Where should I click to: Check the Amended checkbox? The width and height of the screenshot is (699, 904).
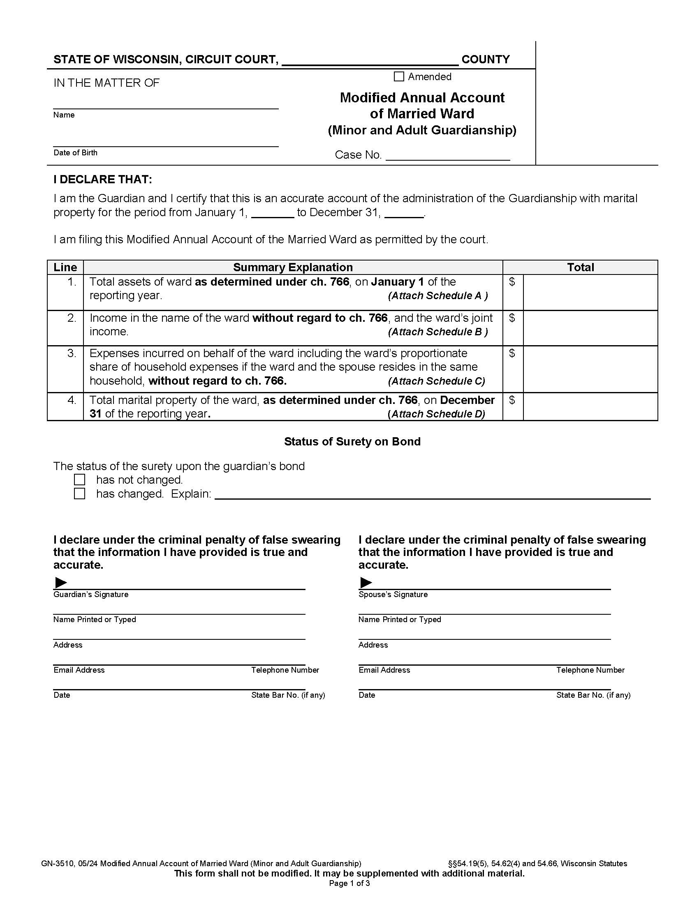(x=398, y=76)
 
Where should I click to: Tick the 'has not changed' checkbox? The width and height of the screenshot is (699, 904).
(x=79, y=480)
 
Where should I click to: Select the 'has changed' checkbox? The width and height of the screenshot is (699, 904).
(x=79, y=494)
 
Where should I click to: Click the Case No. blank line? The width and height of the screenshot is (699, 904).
(x=447, y=156)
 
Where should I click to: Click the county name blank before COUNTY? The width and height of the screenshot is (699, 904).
(x=370, y=60)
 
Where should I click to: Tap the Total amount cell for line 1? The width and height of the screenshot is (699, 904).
(x=590, y=292)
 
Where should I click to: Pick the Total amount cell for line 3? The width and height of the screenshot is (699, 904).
(x=590, y=369)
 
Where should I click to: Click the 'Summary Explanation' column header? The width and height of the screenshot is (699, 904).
(x=293, y=268)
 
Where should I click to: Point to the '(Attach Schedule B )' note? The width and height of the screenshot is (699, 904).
(x=438, y=332)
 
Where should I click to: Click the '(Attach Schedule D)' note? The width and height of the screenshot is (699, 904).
(x=436, y=414)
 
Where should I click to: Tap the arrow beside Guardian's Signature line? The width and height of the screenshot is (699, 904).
(x=61, y=583)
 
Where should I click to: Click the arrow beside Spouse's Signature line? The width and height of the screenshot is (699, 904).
(x=366, y=583)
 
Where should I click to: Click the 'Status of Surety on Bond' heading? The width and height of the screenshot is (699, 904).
(x=352, y=442)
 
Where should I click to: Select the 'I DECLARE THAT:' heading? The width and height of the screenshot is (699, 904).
(x=103, y=180)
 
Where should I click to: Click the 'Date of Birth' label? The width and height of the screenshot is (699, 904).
(x=75, y=153)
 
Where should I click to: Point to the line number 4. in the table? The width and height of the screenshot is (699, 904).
(x=72, y=400)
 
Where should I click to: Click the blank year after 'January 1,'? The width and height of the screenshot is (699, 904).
(x=273, y=214)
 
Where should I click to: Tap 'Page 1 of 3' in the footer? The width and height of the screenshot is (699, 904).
(x=349, y=884)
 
